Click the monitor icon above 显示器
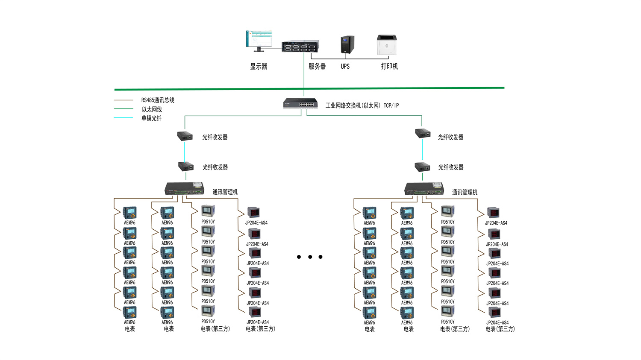pos(259,41)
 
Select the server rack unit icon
pos(300,46)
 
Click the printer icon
pos(387,45)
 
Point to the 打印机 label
pos(389,67)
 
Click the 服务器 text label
pos(317,67)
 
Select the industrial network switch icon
pos(300,104)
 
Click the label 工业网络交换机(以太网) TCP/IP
pos(362,105)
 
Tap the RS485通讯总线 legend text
pos(158,100)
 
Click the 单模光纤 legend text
pos(151,118)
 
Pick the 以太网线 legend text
pos(152,109)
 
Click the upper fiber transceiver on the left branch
pos(185,136)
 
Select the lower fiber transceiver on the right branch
pos(422,167)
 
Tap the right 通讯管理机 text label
pos(465,193)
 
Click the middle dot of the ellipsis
pos(310,257)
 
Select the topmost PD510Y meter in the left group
pos(208,211)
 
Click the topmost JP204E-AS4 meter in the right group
pos(493,212)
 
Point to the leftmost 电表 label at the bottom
pos(130,329)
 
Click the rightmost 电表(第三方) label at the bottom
pos(500,329)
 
